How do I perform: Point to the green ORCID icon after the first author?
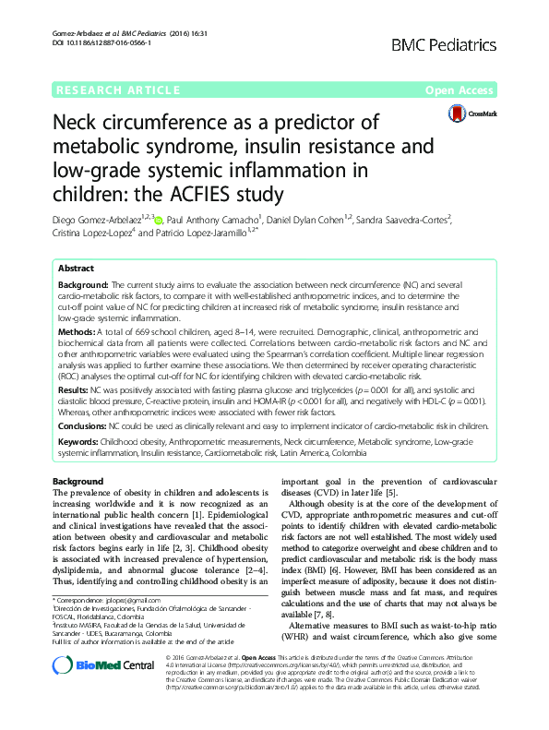click(159, 221)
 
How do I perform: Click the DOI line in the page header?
click(97, 43)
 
